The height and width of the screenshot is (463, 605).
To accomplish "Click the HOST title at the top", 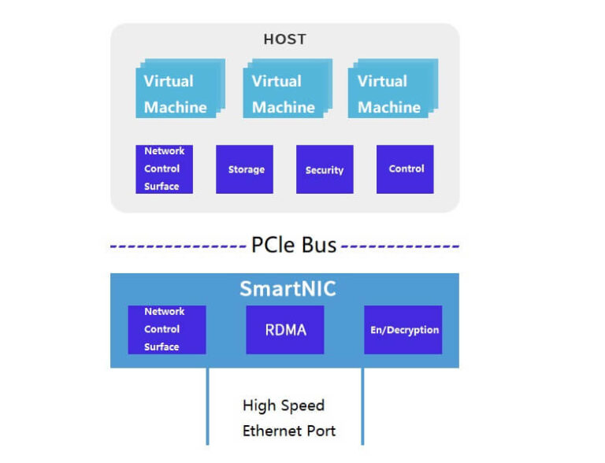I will coord(284,39).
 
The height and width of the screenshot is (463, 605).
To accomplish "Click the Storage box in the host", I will coord(245,169).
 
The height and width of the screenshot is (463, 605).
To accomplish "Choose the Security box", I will coord(325,169).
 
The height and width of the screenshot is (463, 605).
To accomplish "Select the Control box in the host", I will coord(405,169).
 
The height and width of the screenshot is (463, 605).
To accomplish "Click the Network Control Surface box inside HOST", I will coord(164,169).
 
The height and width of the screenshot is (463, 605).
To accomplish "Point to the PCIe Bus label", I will coord(293,246).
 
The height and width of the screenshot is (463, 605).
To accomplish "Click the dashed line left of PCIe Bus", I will coord(177,246).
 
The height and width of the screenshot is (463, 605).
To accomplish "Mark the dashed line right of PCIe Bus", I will coord(400,246).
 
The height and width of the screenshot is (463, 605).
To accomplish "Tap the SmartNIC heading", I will coord(288,289).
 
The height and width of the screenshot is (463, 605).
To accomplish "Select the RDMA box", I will coord(284,329).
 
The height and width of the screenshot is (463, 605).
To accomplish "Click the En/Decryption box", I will coord(403,330).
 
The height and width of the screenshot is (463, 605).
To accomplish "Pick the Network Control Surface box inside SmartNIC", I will coord(166,330).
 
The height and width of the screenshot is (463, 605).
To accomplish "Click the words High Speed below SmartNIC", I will coord(284,406).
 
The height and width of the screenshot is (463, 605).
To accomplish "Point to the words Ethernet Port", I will coord(289,431).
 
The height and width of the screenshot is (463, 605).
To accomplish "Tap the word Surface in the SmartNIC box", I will coord(161,346).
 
